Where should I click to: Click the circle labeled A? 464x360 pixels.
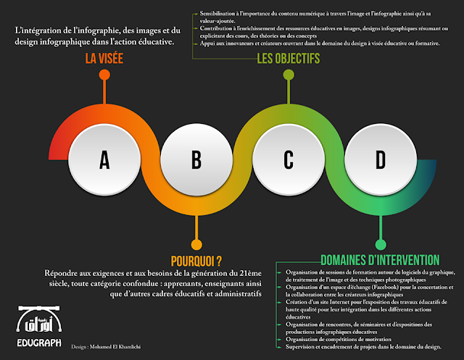104,160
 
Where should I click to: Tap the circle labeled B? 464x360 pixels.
196,160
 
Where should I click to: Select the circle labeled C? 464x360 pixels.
288,160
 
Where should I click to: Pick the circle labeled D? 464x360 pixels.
380,160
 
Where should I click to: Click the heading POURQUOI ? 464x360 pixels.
196,260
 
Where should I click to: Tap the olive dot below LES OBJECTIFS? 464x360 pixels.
288,75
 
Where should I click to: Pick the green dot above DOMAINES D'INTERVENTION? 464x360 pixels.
380,244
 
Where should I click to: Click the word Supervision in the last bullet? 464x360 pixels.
304,347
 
